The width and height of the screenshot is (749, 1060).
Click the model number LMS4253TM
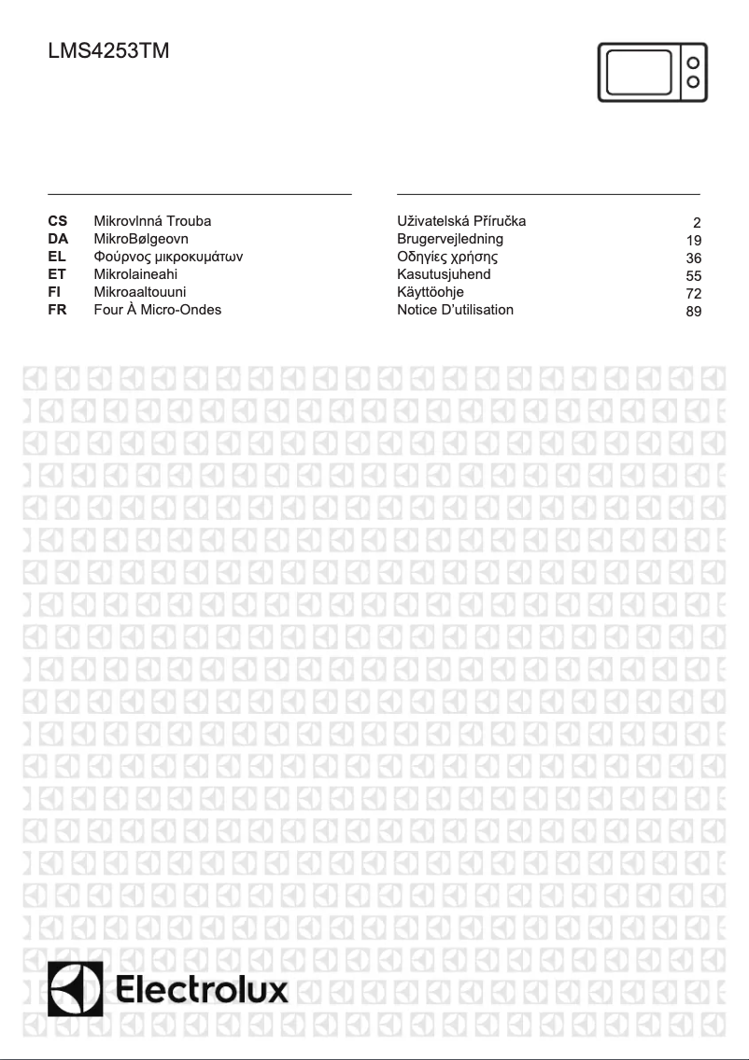click(x=108, y=53)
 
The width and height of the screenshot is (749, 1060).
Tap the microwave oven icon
click(x=652, y=73)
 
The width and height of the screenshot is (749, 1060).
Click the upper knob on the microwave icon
click(x=693, y=63)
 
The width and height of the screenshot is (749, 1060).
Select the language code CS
click(x=57, y=221)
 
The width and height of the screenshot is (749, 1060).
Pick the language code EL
click(x=57, y=257)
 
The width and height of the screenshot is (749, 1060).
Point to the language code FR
click(x=57, y=310)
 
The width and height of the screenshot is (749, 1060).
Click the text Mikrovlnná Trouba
click(x=152, y=221)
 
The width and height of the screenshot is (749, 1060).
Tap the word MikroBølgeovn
click(x=141, y=239)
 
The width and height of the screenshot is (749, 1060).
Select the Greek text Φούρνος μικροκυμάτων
click(x=168, y=257)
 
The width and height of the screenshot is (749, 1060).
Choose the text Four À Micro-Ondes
click(x=158, y=310)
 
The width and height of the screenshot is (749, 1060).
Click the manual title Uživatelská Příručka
click(x=461, y=221)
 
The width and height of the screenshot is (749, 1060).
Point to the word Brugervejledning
click(x=450, y=239)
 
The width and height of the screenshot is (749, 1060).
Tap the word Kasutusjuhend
click(x=444, y=274)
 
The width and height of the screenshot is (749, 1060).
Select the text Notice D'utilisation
click(x=455, y=310)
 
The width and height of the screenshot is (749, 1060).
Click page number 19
click(x=693, y=240)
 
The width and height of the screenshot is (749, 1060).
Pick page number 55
click(x=693, y=276)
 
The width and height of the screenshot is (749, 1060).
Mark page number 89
click(x=693, y=312)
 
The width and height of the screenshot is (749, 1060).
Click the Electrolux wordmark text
click(x=202, y=991)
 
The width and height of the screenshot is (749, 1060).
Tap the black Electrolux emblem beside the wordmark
click(x=76, y=990)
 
